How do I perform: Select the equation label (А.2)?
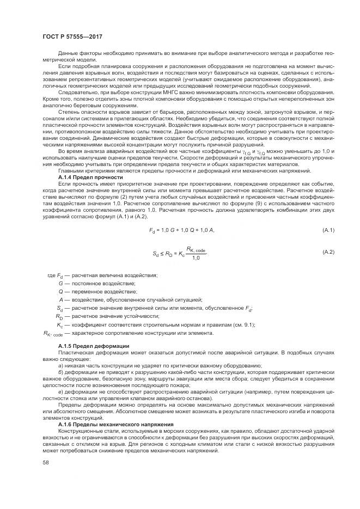point(328,252)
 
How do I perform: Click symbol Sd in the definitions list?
point(60,308)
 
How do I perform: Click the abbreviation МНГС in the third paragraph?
point(150,93)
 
